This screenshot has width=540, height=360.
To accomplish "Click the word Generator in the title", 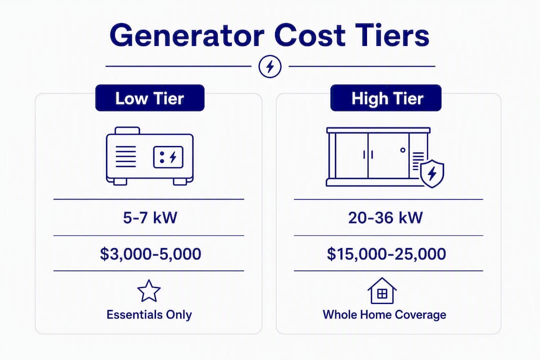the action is point(187,35).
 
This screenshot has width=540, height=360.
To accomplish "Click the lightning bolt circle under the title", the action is point(270,66).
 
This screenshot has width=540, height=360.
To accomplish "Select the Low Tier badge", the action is point(150,98).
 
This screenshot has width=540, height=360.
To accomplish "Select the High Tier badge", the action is point(385,98).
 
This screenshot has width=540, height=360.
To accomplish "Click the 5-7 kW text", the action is point(150,217).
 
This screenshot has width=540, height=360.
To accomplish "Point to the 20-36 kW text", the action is point(385,217).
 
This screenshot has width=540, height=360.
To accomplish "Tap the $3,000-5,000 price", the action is point(150,254).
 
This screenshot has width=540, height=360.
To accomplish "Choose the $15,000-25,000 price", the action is point(386,254).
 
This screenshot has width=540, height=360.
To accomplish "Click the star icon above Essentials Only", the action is point(149,291).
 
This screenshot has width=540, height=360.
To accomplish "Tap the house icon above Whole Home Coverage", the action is point(382,290).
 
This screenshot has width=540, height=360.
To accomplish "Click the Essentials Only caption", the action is point(149,314).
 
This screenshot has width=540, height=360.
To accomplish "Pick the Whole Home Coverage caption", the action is point(384,314).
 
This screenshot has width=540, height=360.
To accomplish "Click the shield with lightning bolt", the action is point(432,173).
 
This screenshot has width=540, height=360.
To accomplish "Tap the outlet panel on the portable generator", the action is point(168,157).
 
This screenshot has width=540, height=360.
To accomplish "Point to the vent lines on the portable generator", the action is point(125,156).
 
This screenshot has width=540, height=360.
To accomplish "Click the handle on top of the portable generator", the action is point(127,130).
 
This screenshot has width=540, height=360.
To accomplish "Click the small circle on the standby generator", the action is point(403,150).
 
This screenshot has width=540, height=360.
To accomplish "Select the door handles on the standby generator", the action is point(368,154).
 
